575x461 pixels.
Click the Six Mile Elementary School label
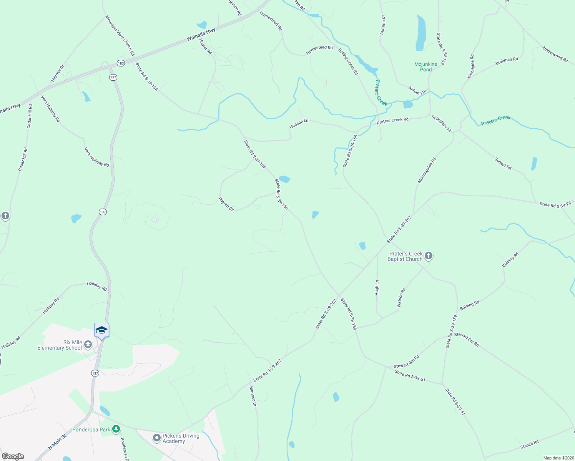(x=60, y=345)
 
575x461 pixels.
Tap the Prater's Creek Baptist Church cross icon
(x=429, y=256)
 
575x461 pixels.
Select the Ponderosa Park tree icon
(x=116, y=429)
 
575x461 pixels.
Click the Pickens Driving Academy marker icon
(x=156, y=438)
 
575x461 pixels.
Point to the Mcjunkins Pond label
(x=425, y=67)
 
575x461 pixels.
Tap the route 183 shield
(x=121, y=63)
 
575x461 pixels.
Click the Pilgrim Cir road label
(x=226, y=204)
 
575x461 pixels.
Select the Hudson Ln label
(x=299, y=124)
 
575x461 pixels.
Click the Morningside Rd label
(x=427, y=170)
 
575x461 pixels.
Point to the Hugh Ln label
(x=377, y=288)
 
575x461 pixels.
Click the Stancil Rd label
(x=529, y=444)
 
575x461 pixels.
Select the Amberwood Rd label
(x=555, y=54)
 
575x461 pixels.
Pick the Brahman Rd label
(x=507, y=61)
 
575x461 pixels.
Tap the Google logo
(x=13, y=456)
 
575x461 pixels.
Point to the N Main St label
(x=57, y=442)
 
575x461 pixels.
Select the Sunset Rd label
(x=503, y=164)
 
